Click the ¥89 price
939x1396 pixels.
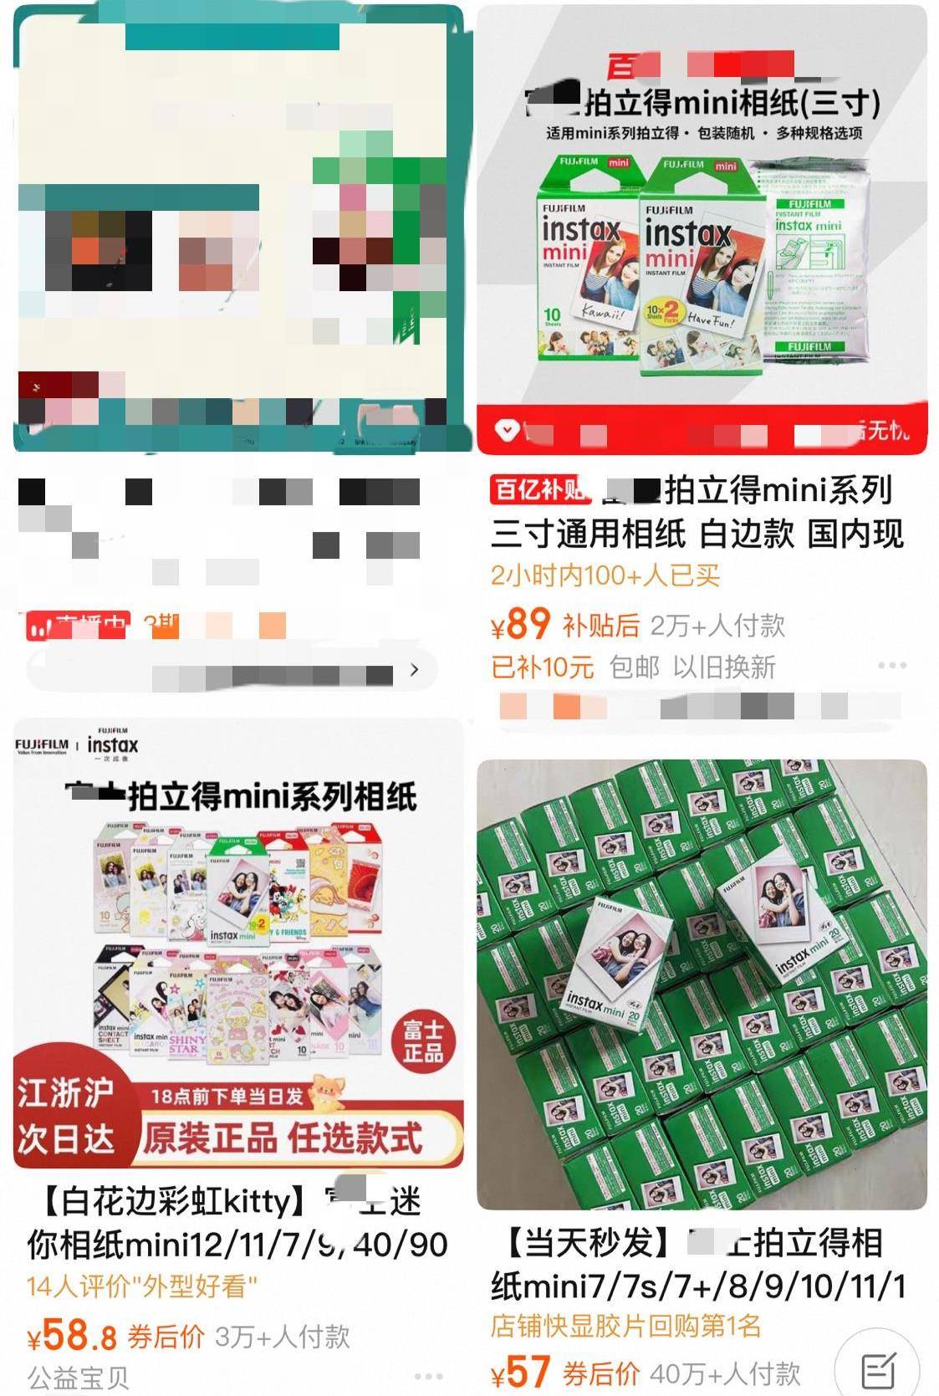[x=520, y=623]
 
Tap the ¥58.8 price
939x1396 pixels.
[x=72, y=1336]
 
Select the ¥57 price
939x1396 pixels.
[x=520, y=1372]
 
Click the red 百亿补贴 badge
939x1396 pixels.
[x=539, y=489]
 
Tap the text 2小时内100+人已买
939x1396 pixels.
[x=605, y=575]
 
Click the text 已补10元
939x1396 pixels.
[x=542, y=667]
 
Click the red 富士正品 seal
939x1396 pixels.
[x=423, y=1041]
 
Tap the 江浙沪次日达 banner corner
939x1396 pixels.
[x=65, y=1115]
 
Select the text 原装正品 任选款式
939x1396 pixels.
[x=283, y=1138]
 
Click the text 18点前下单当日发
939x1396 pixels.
[x=227, y=1096]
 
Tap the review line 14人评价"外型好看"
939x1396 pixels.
[x=142, y=1286]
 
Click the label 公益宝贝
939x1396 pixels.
[x=78, y=1376]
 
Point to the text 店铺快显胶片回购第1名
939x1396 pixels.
[x=625, y=1326]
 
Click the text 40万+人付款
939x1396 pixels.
[x=725, y=1373]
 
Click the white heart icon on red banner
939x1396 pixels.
[x=507, y=430]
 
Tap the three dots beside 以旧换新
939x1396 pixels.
[x=892, y=666]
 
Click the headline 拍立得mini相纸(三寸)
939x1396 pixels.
[x=732, y=104]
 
